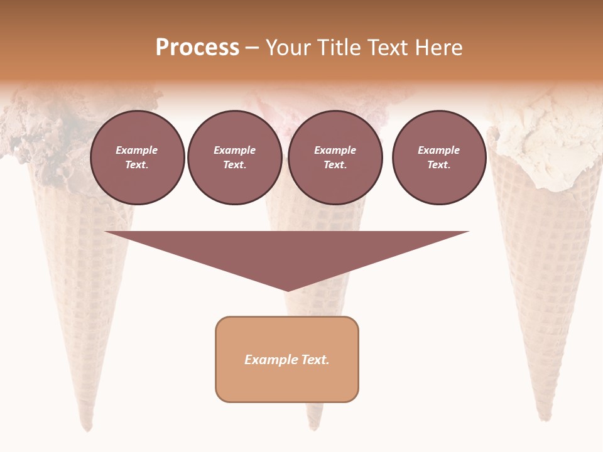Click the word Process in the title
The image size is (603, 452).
tap(197, 48)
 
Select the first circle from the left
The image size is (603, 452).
tap(137, 158)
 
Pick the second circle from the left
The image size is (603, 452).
tap(234, 158)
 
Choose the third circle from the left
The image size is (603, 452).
tap(335, 158)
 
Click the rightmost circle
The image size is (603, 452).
tap(438, 158)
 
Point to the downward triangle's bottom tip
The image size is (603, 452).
tap(287, 291)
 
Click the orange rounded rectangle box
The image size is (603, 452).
tap(287, 383)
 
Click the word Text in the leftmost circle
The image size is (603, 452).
tap(136, 165)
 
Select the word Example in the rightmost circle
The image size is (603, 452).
tap(438, 150)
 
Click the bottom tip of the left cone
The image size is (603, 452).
tap(87, 429)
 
